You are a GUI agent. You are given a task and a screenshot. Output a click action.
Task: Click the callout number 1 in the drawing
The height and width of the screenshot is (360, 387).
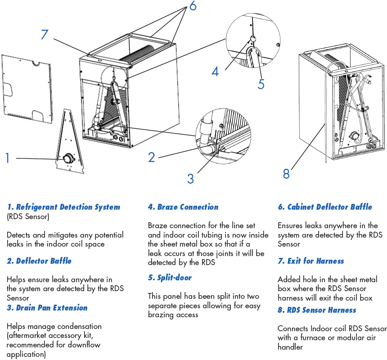[x=7, y=158]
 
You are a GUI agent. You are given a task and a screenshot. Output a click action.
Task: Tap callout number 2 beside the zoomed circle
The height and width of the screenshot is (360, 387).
[x=152, y=157]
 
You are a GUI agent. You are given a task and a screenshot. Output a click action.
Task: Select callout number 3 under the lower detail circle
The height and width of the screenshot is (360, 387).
[x=190, y=179]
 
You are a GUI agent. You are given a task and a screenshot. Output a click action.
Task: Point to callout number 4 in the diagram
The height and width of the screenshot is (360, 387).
[x=215, y=71]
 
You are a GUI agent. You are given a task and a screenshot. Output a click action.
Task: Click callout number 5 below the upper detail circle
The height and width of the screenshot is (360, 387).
[x=261, y=84]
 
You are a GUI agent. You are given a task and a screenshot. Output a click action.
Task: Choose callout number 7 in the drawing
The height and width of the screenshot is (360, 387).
[x=44, y=34]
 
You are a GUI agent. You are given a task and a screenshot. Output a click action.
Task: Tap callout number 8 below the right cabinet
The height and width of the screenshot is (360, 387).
[x=286, y=174]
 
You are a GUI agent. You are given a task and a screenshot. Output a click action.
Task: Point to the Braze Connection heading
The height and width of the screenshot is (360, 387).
[x=183, y=207]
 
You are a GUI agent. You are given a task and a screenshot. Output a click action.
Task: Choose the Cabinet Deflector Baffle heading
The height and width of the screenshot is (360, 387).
[x=325, y=207]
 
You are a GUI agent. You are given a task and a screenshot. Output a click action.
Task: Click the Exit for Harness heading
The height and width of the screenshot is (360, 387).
[x=311, y=261]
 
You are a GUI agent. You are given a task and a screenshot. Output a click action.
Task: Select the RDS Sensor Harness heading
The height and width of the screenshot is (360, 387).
[x=317, y=310]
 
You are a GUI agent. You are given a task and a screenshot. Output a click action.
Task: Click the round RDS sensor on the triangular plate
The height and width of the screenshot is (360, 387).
[x=67, y=158]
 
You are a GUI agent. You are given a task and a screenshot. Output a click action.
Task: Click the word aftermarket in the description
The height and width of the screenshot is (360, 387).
[x=28, y=336]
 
